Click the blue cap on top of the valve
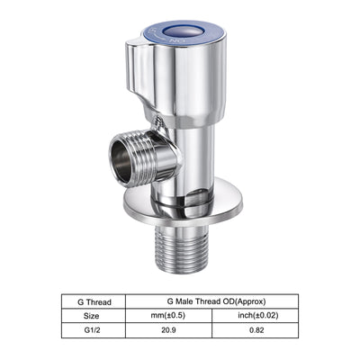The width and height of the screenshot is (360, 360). [188, 32]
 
